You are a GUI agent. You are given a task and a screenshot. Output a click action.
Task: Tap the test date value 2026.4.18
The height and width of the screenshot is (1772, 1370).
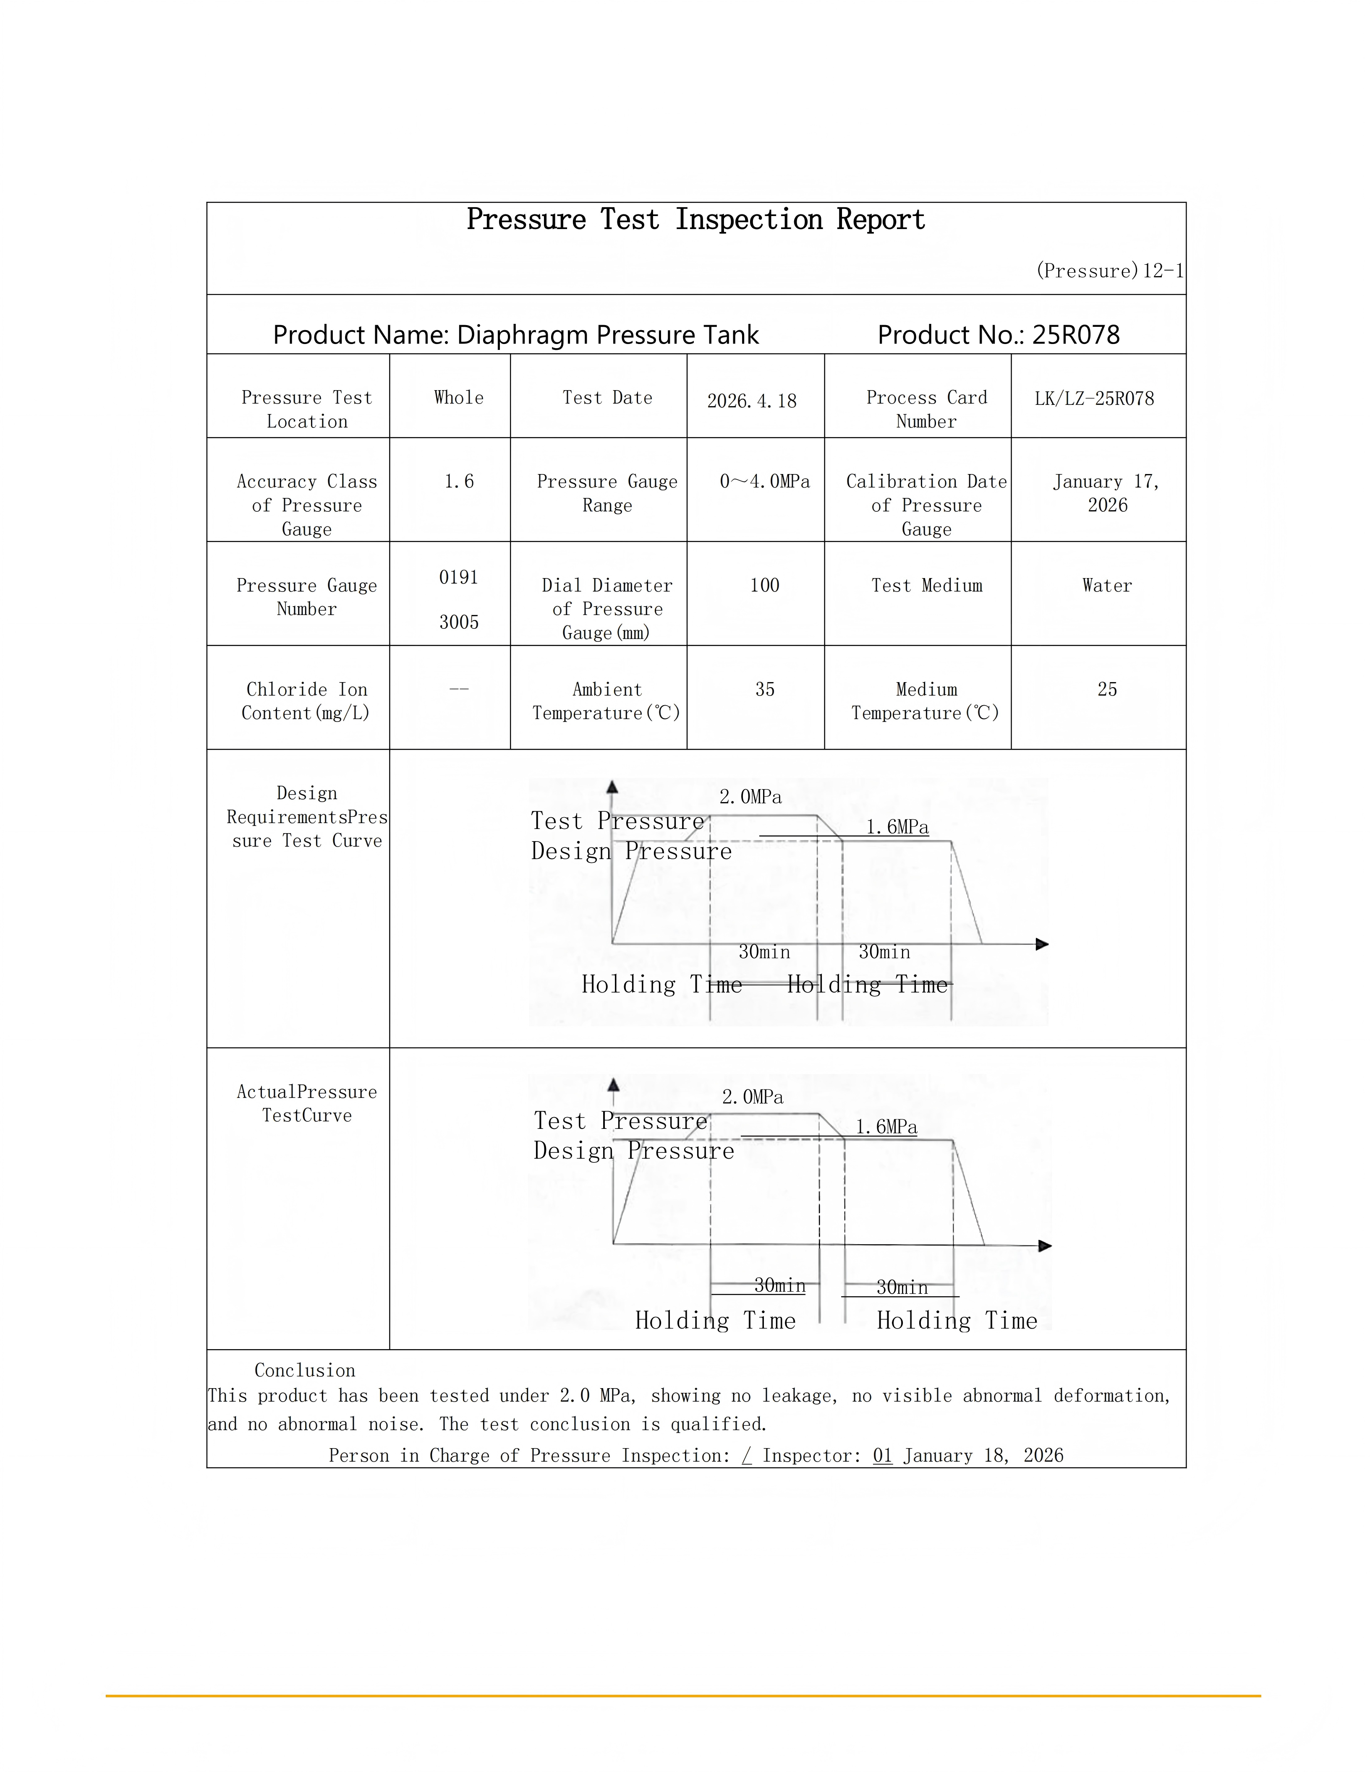click(x=752, y=401)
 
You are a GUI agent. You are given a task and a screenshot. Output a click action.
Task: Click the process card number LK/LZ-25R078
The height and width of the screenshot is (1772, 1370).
click(x=1094, y=399)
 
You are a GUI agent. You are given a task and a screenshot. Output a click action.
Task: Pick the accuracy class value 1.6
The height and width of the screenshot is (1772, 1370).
click(x=459, y=482)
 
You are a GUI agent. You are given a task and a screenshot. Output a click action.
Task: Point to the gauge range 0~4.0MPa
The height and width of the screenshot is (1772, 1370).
click(x=764, y=482)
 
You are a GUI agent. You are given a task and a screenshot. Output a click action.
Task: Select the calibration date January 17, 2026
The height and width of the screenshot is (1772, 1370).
click(x=1106, y=493)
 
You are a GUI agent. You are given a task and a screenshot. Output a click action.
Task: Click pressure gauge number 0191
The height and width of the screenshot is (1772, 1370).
click(x=459, y=578)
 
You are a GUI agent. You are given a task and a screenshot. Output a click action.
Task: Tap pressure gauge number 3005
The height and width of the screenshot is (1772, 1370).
click(x=459, y=622)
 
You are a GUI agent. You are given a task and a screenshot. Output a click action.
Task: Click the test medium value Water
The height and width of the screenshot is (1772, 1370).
click(x=1106, y=586)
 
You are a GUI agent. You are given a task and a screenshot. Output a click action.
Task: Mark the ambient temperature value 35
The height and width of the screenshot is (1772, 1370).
click(x=764, y=690)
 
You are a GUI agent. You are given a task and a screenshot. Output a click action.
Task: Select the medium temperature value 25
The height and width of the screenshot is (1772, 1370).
click(x=1107, y=690)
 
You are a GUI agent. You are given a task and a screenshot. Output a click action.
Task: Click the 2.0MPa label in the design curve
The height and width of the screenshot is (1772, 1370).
click(x=751, y=797)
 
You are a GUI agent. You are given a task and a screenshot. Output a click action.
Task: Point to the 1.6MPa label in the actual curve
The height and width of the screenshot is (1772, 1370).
click(x=886, y=1127)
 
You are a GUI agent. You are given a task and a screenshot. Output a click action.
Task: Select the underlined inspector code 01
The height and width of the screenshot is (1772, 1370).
click(x=882, y=1456)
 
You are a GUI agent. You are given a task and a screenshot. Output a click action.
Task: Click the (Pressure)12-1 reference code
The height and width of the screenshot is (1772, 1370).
click(x=1109, y=271)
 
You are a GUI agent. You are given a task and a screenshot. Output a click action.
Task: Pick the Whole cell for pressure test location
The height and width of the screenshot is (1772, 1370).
click(x=459, y=398)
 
